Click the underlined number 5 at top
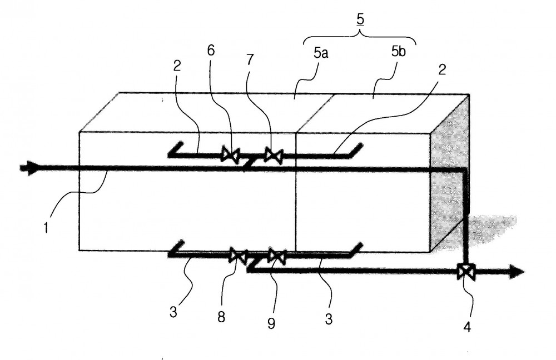pos(360,21)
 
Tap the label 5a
pos(321,53)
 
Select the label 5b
pos(399,52)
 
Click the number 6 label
pos(211,51)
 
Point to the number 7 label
pos(250,59)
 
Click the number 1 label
pos(46,227)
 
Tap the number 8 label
pos(221,317)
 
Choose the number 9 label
pos(271,323)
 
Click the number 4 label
pos(468,327)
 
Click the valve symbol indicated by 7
pos(274,156)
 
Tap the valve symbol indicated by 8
pos(239,255)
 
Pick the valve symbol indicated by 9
pos(277,256)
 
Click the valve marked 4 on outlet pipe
pos(466,272)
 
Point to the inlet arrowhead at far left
pos(29,168)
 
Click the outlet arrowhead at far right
pos(517,272)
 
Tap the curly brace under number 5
pos(360,37)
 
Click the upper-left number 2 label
pos(177,66)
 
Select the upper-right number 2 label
pos(442,70)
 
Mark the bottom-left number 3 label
pos(173,312)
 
